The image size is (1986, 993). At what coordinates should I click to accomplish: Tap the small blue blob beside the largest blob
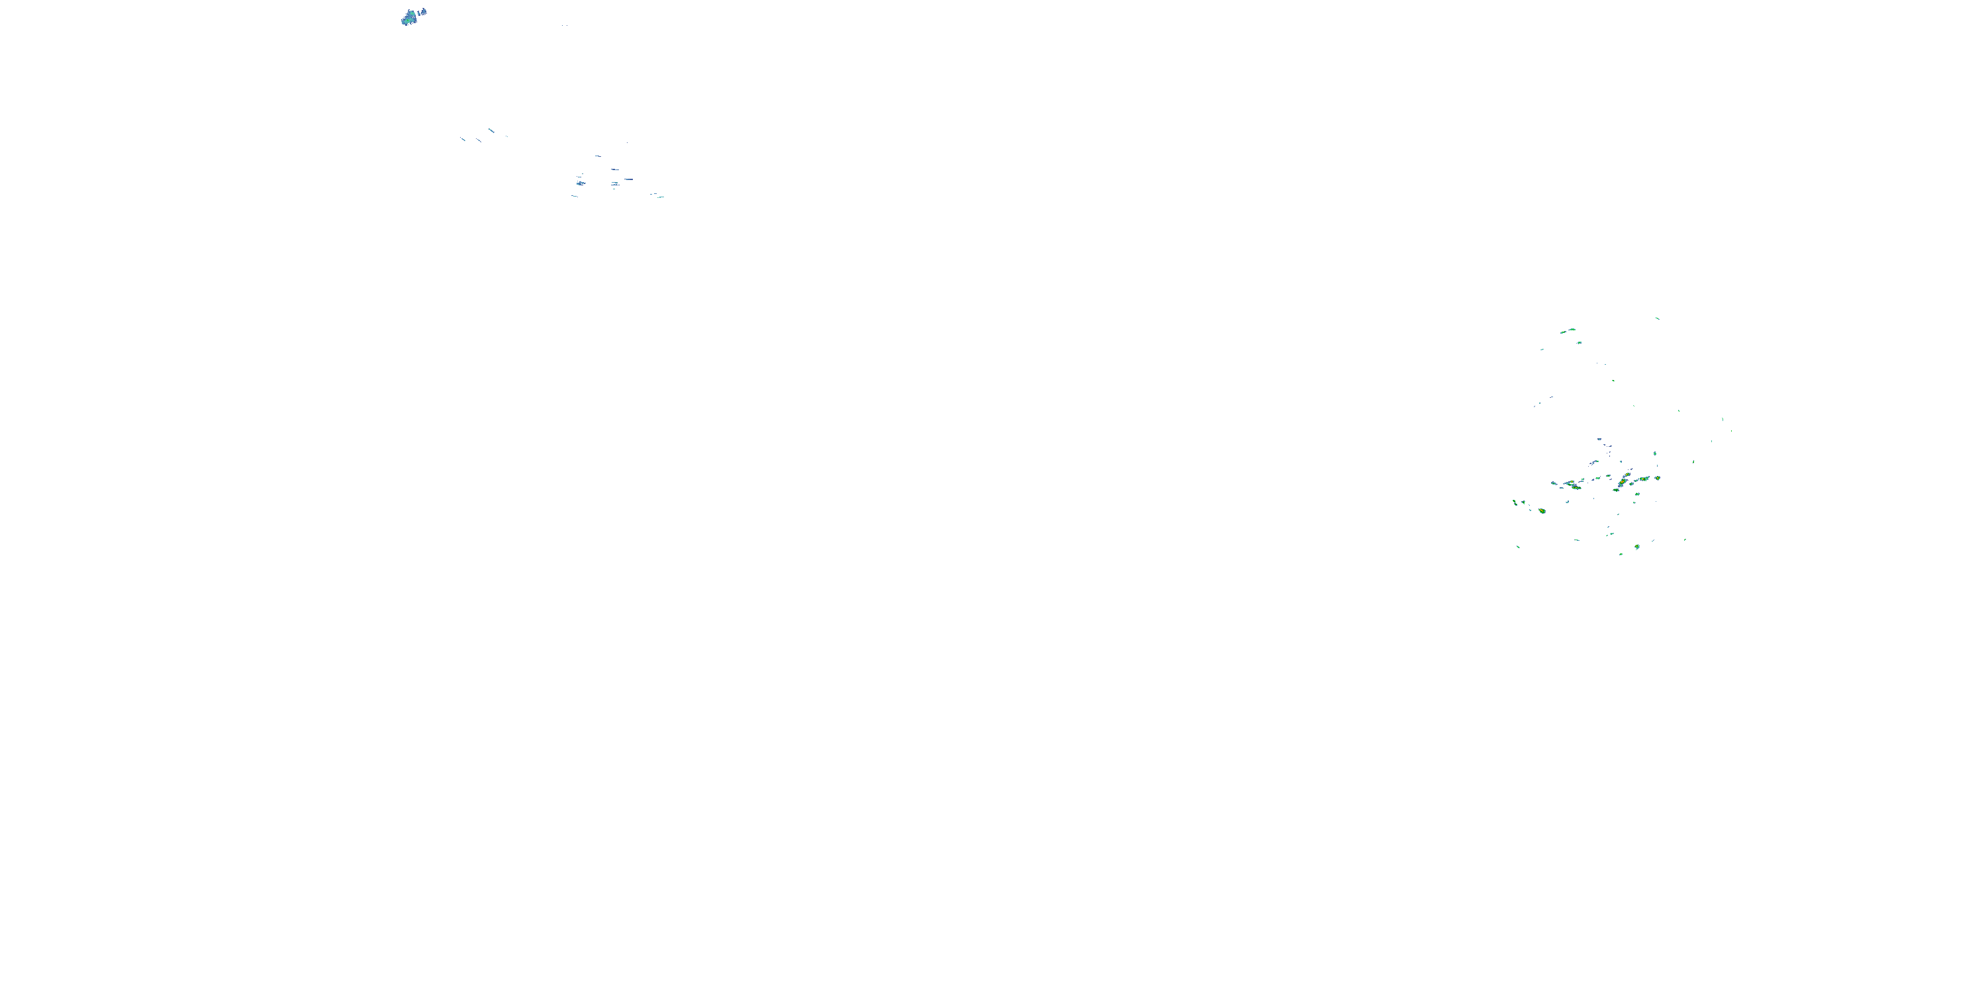[422, 11]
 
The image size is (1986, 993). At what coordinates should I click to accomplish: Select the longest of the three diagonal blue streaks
[491, 130]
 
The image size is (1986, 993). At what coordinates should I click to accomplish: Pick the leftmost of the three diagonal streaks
[463, 139]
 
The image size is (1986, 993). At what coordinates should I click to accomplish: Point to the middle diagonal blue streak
[478, 140]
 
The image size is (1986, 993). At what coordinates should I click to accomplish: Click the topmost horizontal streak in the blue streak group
[598, 156]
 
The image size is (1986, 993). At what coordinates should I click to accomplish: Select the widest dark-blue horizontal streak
[628, 179]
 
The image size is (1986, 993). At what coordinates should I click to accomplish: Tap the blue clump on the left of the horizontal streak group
[581, 183]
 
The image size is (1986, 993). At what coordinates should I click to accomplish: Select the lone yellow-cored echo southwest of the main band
[1542, 510]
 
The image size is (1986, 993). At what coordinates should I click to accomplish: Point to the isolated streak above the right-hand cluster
[1657, 318]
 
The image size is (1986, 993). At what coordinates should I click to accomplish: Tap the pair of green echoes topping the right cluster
[1568, 332]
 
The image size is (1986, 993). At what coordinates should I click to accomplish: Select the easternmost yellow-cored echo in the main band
[1658, 478]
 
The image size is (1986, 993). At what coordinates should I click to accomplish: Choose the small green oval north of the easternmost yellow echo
[1655, 453]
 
